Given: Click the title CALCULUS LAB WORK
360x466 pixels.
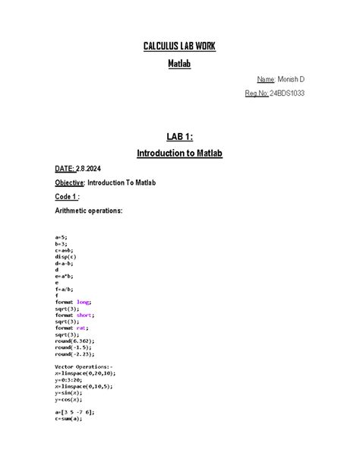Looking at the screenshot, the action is click(179, 47).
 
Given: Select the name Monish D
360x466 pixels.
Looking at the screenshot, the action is click(291, 79).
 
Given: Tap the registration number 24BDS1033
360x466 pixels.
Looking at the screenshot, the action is click(288, 94).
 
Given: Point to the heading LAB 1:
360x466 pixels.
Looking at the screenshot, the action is click(179, 137).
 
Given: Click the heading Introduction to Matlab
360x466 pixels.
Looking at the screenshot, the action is click(179, 153).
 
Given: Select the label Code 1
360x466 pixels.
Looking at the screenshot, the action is click(67, 196).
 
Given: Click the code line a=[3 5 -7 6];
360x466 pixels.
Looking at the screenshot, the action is click(74, 412).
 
